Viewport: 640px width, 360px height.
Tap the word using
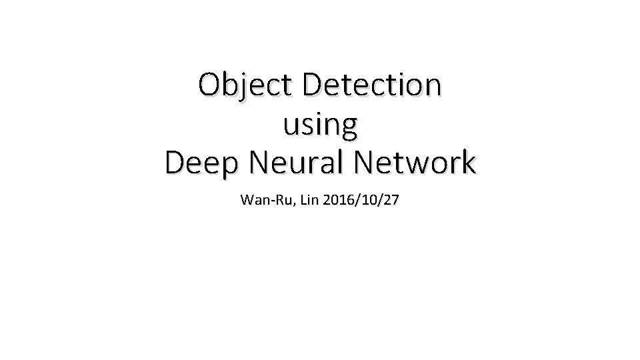321,125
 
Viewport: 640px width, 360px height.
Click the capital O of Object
210,85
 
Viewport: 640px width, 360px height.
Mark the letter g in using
349,128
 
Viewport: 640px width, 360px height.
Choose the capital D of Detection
313,85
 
